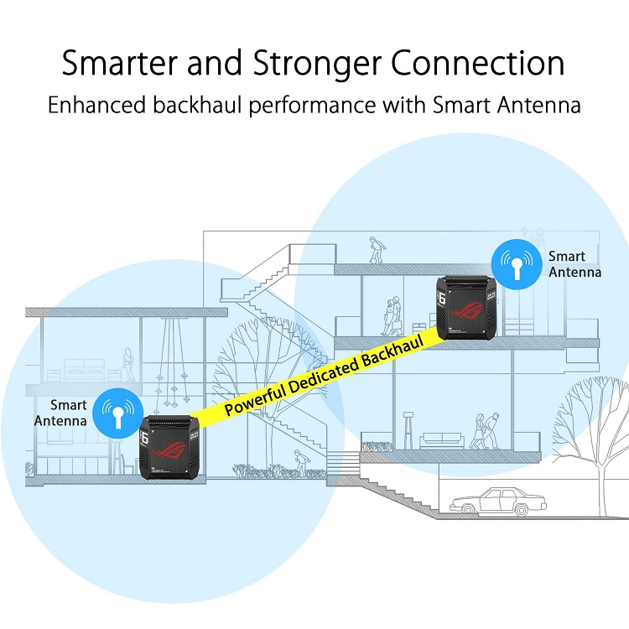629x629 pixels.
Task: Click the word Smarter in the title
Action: tap(120, 63)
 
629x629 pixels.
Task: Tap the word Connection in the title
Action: tap(477, 63)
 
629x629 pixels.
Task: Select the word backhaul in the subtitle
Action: tap(197, 105)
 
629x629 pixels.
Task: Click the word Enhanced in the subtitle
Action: tap(96, 105)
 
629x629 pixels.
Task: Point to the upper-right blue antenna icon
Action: tap(517, 264)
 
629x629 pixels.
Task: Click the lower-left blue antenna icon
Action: tap(118, 413)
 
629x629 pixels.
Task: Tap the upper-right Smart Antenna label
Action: tap(574, 264)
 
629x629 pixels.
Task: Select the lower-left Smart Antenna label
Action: tap(60, 413)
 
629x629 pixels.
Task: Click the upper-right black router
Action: tap(466, 308)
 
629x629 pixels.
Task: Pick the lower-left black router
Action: tap(169, 447)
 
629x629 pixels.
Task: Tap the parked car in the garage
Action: tap(498, 501)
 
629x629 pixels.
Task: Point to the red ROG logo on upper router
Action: tap(467, 310)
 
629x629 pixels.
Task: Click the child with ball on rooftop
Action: tap(376, 250)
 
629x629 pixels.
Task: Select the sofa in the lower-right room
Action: tap(442, 440)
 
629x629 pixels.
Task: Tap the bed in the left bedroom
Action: tap(85, 370)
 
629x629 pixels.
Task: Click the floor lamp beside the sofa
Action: tap(408, 430)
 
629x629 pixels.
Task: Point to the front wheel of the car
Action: tap(467, 510)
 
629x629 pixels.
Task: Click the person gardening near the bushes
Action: tap(300, 462)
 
